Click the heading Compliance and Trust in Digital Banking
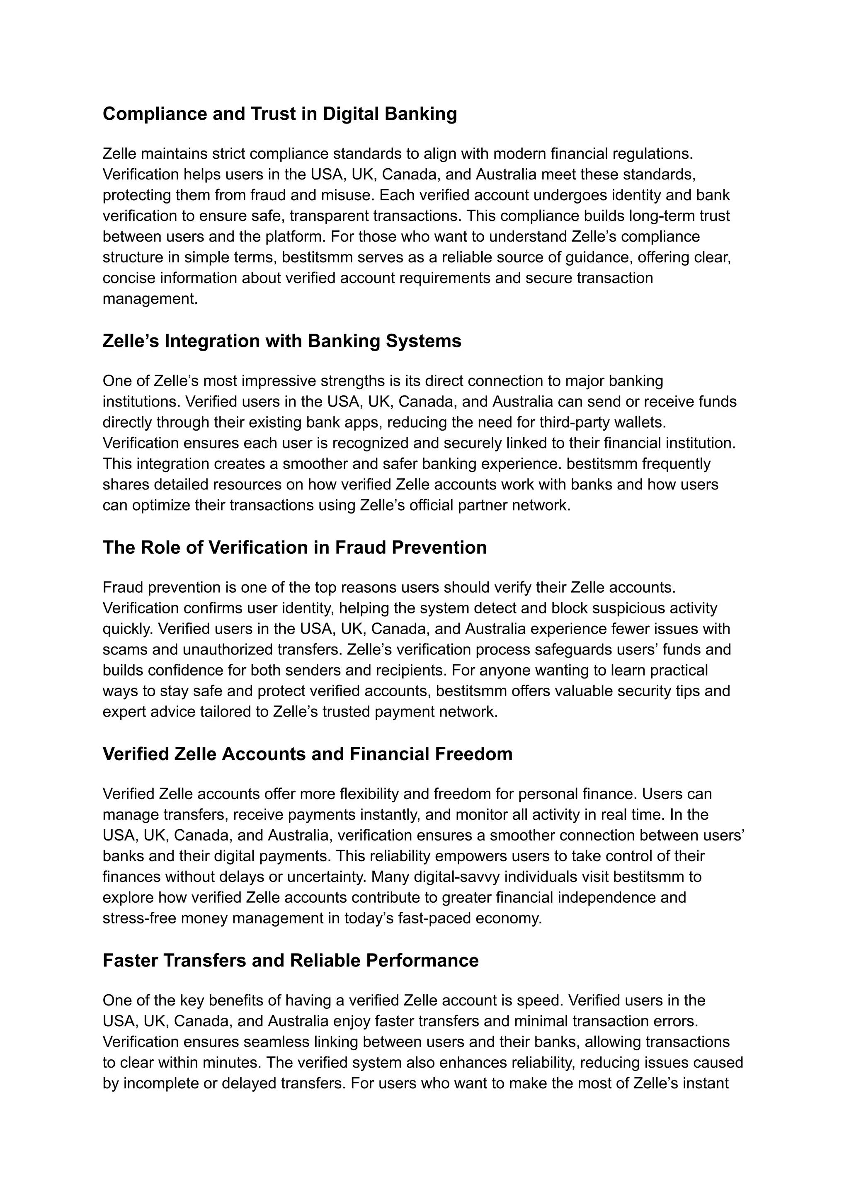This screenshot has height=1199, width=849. pos(280,114)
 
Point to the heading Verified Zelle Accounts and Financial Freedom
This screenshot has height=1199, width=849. pos(308,754)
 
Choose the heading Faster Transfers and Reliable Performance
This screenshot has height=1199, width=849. pos(291,960)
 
